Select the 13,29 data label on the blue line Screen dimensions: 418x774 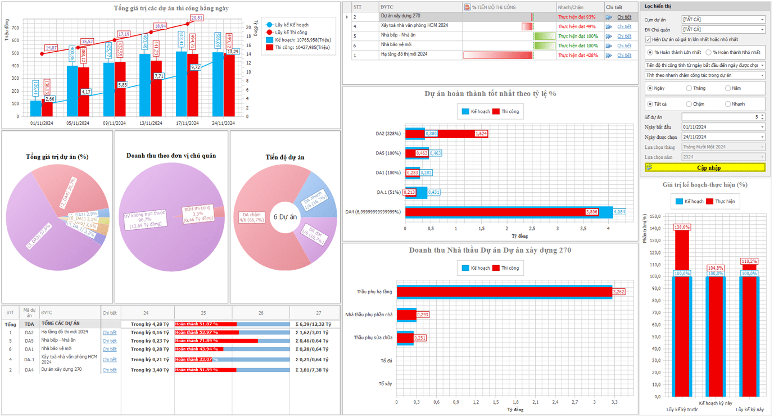click(x=233, y=52)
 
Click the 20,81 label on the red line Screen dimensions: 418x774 click(x=197, y=18)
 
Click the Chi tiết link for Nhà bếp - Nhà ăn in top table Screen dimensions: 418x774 click(x=624, y=36)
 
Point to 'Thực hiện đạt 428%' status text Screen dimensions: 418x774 click(x=578, y=55)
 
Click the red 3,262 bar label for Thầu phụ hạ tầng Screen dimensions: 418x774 click(x=618, y=292)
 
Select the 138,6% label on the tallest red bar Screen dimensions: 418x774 click(x=682, y=227)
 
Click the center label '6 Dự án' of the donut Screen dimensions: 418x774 click(x=285, y=217)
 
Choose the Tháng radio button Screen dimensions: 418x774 click(x=690, y=88)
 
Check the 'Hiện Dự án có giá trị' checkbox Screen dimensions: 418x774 click(x=648, y=39)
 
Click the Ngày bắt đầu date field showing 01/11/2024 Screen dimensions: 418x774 click(x=722, y=127)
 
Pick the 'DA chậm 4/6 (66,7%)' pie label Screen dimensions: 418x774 click(x=251, y=217)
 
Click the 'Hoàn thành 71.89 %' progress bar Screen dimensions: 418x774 click(x=216, y=340)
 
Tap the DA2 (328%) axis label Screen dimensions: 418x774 click(x=388, y=134)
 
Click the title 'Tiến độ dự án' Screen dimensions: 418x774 click(x=285, y=157)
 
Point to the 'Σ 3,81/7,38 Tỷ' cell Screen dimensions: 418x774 click(x=313, y=370)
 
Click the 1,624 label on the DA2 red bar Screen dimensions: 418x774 click(x=481, y=134)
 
